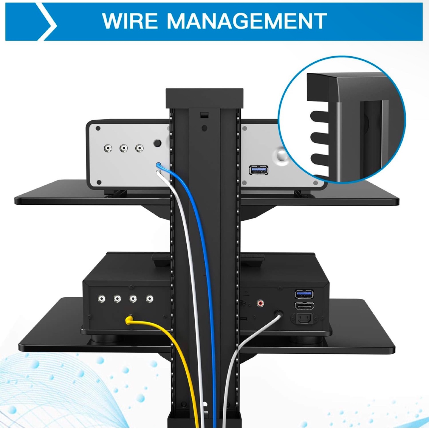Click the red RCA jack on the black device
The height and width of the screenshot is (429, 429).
pos(260,303)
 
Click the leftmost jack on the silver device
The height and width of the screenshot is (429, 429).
pos(108,148)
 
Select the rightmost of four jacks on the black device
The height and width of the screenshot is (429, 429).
pos(150,299)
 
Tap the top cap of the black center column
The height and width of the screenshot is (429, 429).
pos(205,97)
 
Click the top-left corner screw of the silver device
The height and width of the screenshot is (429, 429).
pos(98,128)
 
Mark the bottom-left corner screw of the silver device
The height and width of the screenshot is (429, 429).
pos(98,182)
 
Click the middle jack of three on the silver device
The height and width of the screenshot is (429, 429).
pos(124,148)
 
